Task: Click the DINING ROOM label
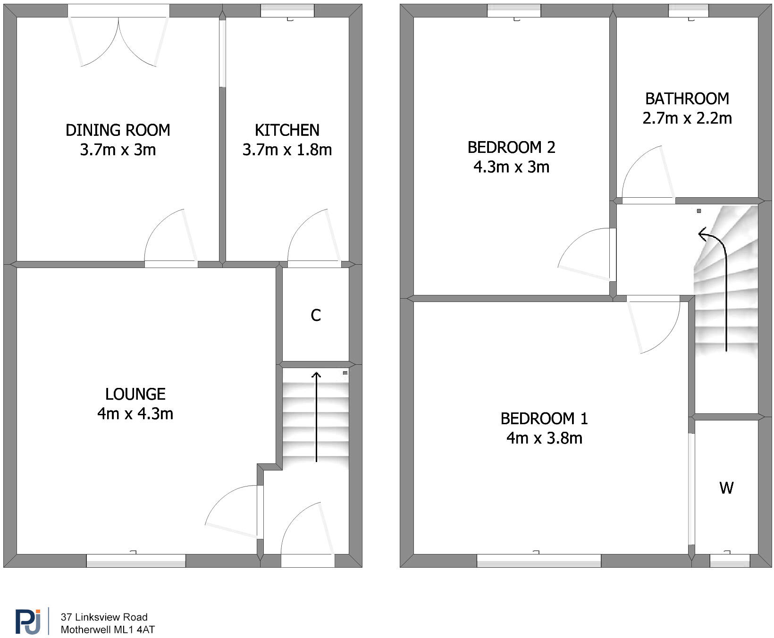(118, 130)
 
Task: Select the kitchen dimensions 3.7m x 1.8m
(287, 150)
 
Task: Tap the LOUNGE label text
(135, 394)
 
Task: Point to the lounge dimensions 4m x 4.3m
(135, 414)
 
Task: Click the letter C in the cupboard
(316, 315)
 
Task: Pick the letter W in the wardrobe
(726, 488)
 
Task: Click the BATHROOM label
(687, 99)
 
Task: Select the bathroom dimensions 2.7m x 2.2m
(687, 118)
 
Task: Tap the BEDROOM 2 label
(511, 147)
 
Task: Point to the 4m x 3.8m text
(544, 438)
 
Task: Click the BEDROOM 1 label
(544, 419)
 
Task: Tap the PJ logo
(28, 621)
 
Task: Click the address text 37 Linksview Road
(104, 617)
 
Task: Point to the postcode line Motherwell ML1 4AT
(108, 630)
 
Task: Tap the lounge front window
(136, 561)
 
